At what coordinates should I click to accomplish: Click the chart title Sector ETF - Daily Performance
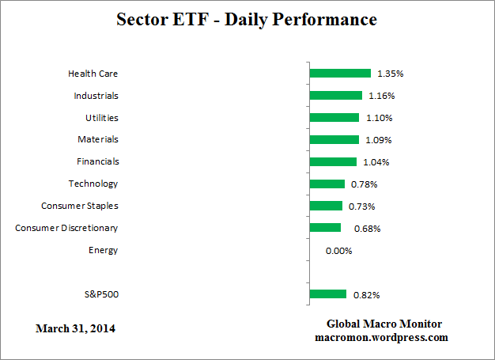[x=247, y=19]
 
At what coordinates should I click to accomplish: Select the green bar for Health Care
[x=340, y=74]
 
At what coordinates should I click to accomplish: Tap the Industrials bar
[x=336, y=96]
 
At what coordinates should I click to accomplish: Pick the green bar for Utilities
[x=334, y=118]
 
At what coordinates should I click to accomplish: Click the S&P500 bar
[x=328, y=294]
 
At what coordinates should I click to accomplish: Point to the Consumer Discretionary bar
[x=325, y=228]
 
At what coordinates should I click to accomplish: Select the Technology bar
[x=327, y=184]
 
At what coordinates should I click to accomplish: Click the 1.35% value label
[x=391, y=74]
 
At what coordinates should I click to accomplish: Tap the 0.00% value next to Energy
[x=338, y=251]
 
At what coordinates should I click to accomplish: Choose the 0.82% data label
[x=366, y=295]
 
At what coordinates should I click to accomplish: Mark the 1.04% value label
[x=376, y=162]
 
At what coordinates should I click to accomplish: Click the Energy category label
[x=104, y=250]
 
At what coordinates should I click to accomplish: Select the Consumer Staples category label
[x=80, y=206]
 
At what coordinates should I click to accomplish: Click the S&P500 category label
[x=102, y=294]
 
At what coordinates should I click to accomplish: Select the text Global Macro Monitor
[x=384, y=324]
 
